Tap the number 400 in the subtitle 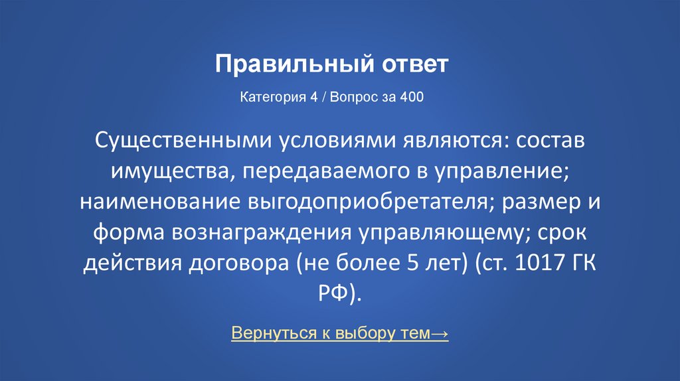[x=412, y=97]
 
